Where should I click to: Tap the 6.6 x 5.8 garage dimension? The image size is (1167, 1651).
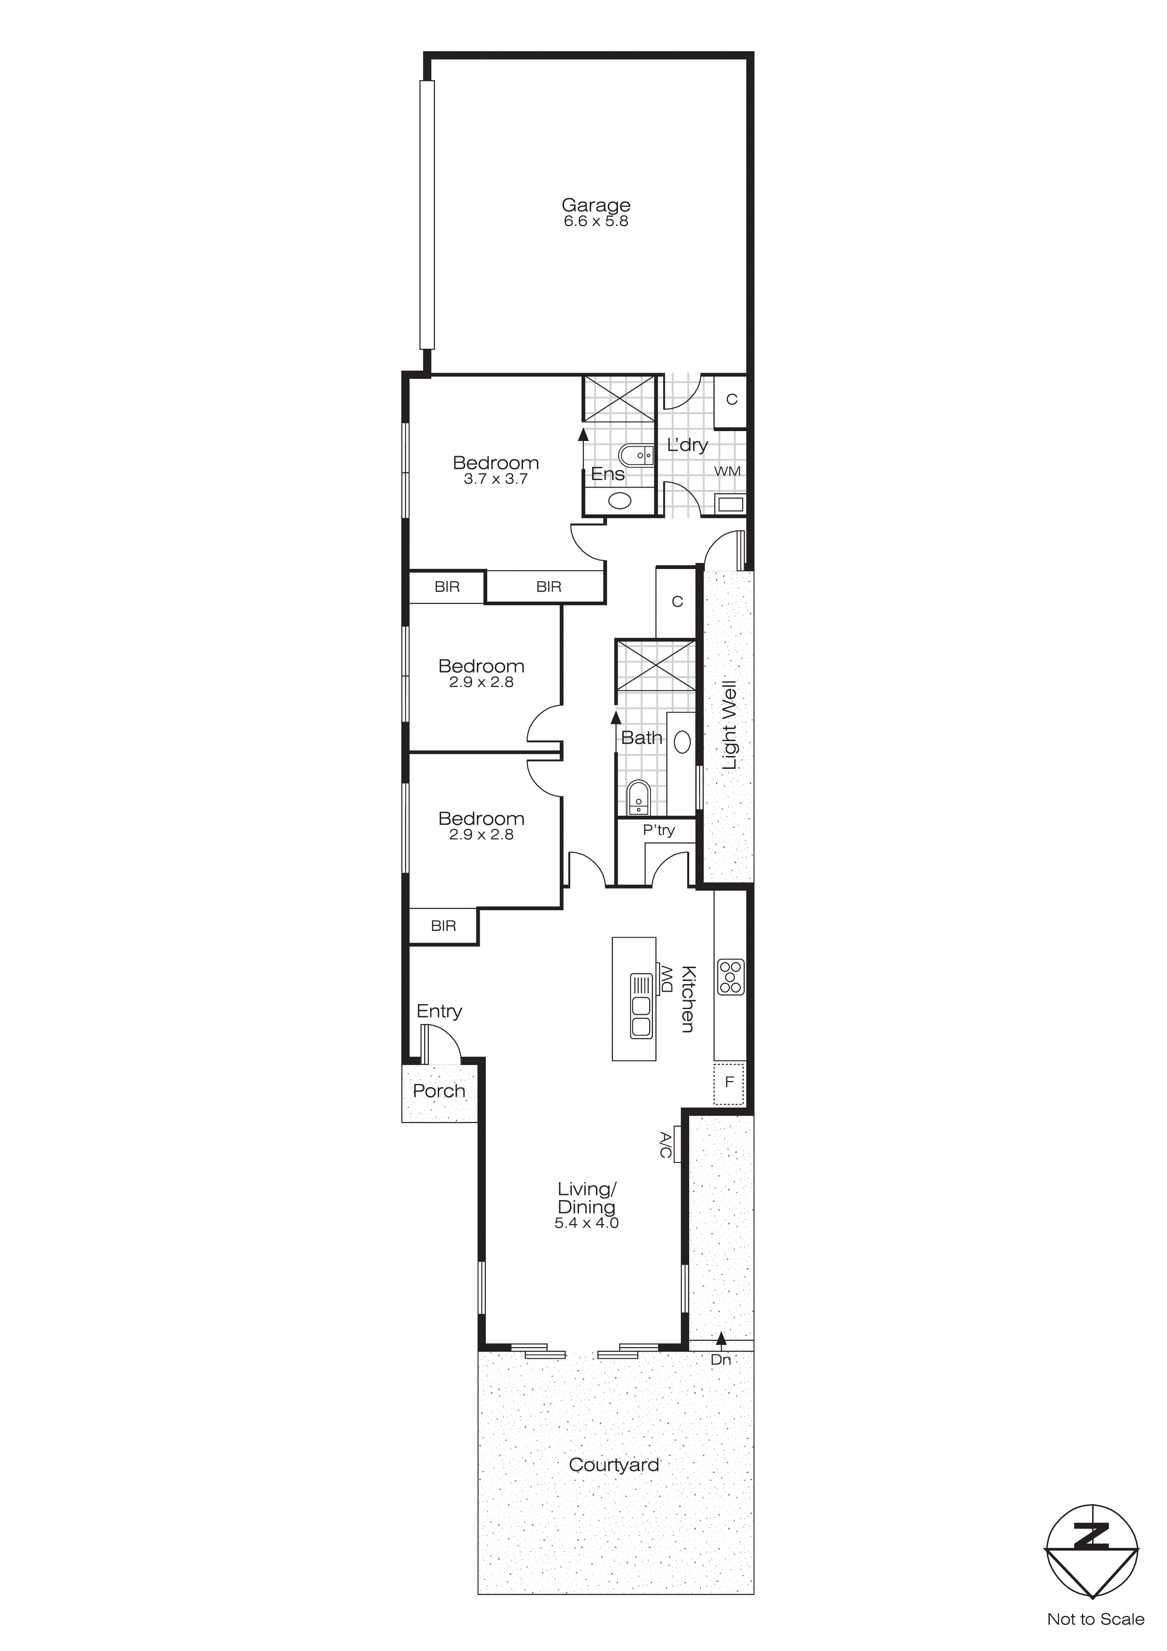[596, 222]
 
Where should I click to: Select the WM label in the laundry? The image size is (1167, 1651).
[727, 471]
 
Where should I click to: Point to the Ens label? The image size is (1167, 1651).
[608, 474]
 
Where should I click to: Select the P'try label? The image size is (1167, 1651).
[659, 831]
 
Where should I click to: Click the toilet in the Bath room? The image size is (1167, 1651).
[638, 797]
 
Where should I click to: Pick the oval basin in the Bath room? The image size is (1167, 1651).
[682, 742]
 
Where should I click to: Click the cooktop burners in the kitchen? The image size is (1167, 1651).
[731, 977]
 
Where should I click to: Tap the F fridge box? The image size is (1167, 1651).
[729, 1082]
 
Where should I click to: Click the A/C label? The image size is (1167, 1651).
[666, 1146]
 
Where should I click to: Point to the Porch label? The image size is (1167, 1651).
[439, 1091]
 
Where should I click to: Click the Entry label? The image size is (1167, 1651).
[439, 1011]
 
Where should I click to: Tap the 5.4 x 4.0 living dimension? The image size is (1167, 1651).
[586, 1223]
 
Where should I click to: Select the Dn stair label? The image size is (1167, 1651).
[720, 1360]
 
